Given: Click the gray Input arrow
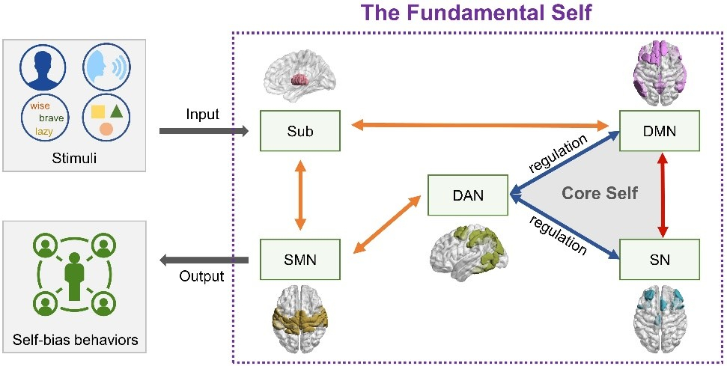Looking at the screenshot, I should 203,131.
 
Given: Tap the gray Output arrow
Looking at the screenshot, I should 203,259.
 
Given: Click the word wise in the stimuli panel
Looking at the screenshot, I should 40,106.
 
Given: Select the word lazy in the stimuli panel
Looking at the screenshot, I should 44,132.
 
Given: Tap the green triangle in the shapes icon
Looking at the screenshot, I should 117,112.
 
